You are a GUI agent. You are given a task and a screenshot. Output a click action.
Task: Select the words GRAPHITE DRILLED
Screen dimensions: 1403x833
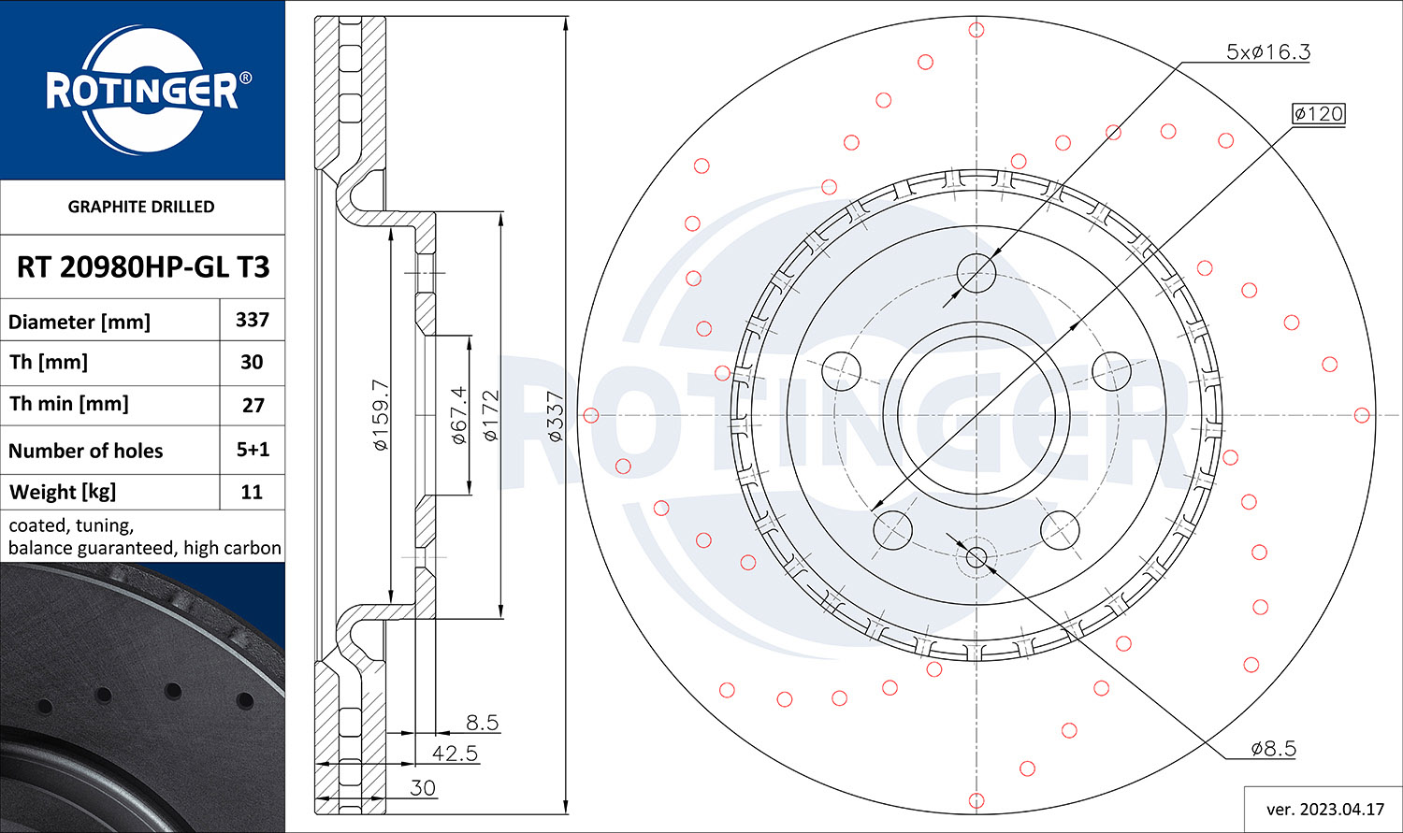[141, 207]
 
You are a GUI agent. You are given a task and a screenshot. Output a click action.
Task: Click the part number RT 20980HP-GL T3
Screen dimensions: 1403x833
[143, 267]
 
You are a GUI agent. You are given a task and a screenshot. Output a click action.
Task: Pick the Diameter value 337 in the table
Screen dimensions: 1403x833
[253, 320]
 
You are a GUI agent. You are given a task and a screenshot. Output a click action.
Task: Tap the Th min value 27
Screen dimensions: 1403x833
[253, 405]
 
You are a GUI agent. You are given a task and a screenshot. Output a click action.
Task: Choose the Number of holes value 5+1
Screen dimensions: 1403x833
[253, 450]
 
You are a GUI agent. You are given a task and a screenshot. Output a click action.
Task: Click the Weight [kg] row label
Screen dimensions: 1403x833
[63, 492]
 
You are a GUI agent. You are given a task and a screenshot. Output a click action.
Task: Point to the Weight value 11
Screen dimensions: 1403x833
[252, 492]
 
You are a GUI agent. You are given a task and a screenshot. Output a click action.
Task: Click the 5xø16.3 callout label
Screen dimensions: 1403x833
[1267, 51]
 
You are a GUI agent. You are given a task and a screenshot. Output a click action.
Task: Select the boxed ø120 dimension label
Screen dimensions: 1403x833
[1319, 114]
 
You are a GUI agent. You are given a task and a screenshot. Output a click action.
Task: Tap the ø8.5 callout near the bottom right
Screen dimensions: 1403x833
[1273, 748]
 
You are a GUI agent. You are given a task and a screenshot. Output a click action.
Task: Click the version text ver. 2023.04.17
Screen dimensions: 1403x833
[1325, 810]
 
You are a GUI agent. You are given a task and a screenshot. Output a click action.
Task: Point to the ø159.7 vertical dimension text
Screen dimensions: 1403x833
[381, 415]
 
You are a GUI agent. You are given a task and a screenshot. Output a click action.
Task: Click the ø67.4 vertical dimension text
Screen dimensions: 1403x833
[459, 415]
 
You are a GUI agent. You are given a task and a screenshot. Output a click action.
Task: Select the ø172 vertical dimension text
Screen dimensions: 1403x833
[492, 415]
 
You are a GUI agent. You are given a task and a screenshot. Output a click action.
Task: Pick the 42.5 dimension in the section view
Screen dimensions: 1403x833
[455, 753]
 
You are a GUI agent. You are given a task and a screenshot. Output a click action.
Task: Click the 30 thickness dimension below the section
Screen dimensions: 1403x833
[423, 788]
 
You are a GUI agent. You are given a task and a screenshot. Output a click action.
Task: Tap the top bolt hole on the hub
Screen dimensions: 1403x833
[976, 274]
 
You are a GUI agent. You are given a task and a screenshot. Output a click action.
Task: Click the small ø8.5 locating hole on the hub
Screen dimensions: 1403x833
[976, 556]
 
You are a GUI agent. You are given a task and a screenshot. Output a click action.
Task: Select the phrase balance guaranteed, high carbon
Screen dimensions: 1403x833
[145, 548]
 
